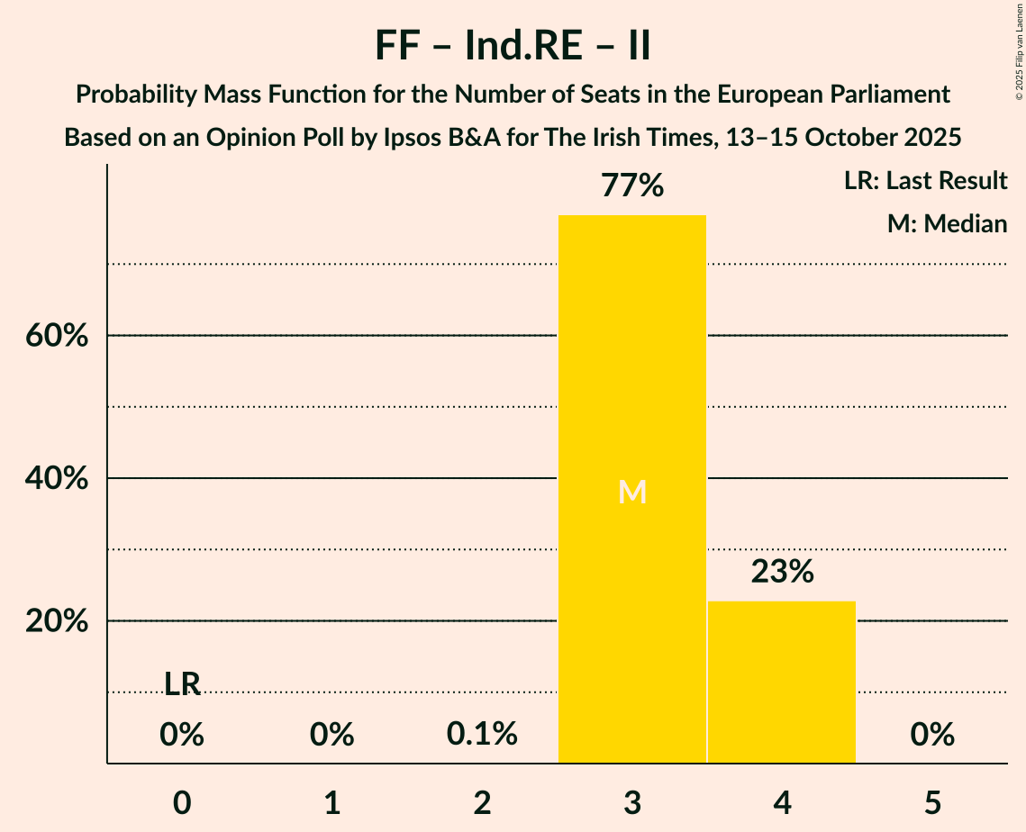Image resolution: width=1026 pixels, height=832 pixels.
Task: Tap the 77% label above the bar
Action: tap(632, 186)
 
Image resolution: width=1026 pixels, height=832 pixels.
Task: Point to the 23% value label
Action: tap(782, 572)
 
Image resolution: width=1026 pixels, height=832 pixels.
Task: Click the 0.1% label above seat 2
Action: tap(482, 735)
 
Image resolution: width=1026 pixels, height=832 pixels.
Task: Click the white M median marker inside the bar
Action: tap(632, 493)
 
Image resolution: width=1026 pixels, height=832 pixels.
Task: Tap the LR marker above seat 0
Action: tap(182, 684)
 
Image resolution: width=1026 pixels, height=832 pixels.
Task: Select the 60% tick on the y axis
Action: tap(56, 336)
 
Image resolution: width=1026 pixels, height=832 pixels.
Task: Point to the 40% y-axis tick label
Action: tap(56, 479)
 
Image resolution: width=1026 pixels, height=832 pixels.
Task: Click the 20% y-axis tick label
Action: tap(56, 622)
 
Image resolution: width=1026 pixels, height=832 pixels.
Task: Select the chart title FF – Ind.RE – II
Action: tap(513, 47)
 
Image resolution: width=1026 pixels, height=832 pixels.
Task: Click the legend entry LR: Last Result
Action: tap(925, 181)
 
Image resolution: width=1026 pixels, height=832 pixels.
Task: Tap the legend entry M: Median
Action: tap(947, 224)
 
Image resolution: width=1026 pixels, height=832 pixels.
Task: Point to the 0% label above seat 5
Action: tap(932, 735)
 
